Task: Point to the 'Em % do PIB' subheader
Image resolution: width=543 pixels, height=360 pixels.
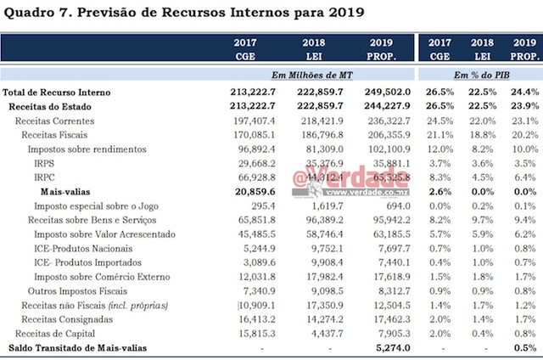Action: point(481,74)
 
